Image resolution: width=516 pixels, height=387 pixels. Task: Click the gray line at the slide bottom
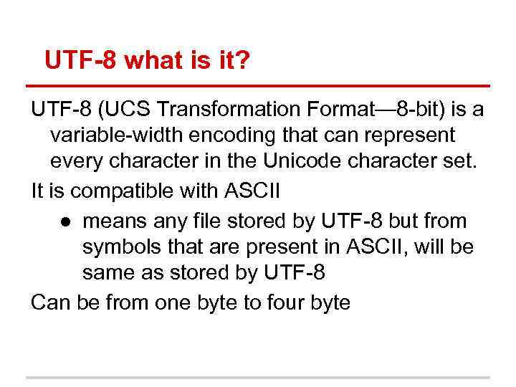[258, 378]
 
